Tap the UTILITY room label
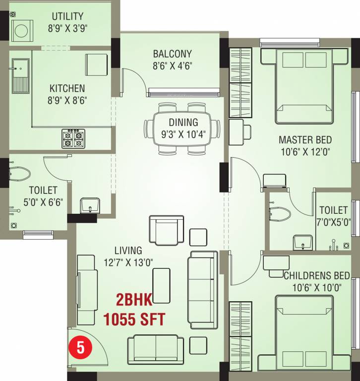(67, 16)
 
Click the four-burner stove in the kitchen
(73, 138)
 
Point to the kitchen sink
(21, 76)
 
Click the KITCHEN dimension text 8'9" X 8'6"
(67, 100)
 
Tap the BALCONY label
(172, 54)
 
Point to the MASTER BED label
(305, 140)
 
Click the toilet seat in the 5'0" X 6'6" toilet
(20, 174)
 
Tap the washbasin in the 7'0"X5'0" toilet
(302, 243)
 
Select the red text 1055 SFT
(134, 319)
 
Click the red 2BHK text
(134, 300)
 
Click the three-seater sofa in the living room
(203, 290)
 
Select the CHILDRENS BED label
(316, 276)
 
